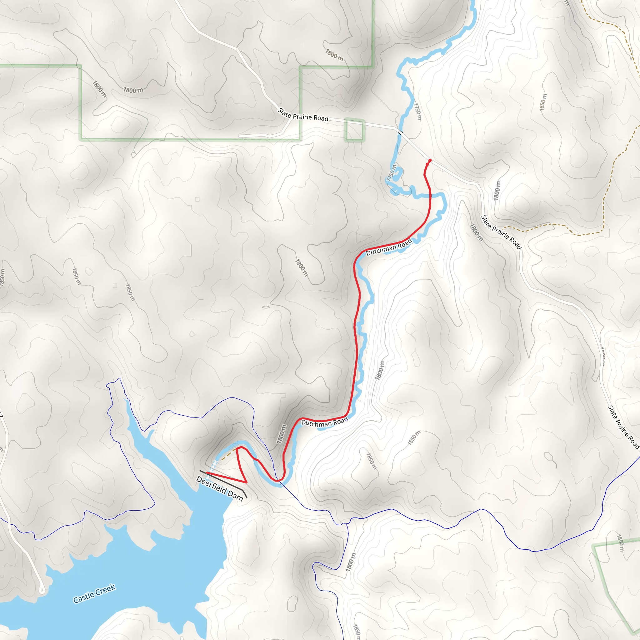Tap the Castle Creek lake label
94,593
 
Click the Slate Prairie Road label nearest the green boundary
303,115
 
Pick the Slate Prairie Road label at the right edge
623,427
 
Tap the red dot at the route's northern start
430,161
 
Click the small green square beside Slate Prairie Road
354,130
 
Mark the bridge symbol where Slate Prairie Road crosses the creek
401,132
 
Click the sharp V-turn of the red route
246,482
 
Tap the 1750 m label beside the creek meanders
391,172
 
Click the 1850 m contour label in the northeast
543,102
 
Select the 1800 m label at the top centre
334,55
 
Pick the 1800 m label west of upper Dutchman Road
302,268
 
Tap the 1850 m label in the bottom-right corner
620,543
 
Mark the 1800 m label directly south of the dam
351,562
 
